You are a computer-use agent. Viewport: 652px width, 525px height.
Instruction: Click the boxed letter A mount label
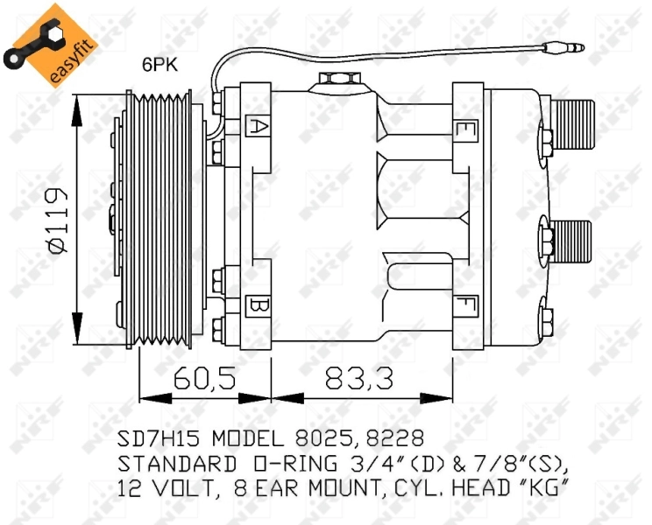258,125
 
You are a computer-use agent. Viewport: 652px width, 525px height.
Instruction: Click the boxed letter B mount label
258,306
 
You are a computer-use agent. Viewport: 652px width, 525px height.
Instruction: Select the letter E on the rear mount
464,131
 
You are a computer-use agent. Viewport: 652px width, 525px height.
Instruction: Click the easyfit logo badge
48,44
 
